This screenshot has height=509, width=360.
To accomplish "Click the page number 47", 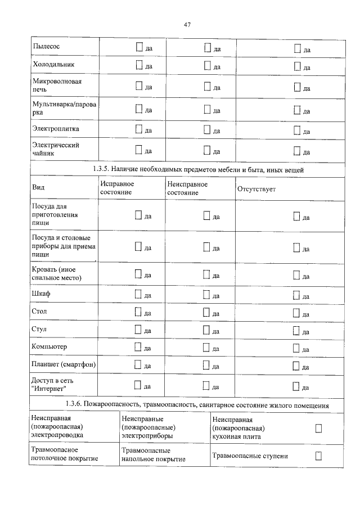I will pos(188,24).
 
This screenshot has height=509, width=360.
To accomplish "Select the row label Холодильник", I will pos(53,65).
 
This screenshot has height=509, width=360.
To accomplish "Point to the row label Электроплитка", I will pos(56,129).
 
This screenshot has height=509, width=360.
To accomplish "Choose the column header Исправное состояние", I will pos(117,188).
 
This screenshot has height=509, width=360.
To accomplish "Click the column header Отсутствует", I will pos(256,189).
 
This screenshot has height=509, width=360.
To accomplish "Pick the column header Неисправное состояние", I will pos(187,188).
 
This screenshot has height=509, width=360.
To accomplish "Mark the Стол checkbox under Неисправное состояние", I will pos(206,312).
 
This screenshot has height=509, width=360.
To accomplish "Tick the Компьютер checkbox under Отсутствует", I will pos(297,348).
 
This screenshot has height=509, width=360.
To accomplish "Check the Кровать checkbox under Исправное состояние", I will pos(139,274).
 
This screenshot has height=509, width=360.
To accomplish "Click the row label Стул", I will pos(40,329).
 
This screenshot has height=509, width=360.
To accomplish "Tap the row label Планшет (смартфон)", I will pos(64,365).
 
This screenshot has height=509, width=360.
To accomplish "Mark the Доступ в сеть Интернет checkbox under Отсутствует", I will pos(297,386).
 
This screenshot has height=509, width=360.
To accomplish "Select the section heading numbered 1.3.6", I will pos(197,405).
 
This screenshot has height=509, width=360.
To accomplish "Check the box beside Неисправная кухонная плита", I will pos(318,429).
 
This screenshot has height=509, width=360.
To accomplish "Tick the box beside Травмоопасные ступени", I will pos(318,455).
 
